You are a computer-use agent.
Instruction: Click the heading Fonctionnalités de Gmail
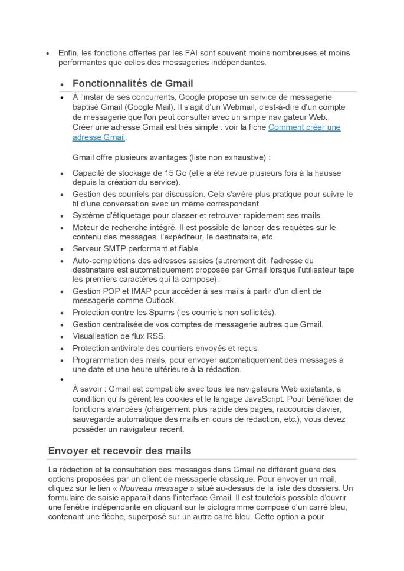pos(133,83)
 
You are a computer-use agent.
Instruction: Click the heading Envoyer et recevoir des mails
pos(119,451)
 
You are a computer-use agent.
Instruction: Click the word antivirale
pos(134,348)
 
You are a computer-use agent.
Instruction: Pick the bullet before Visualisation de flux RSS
pos(62,337)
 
